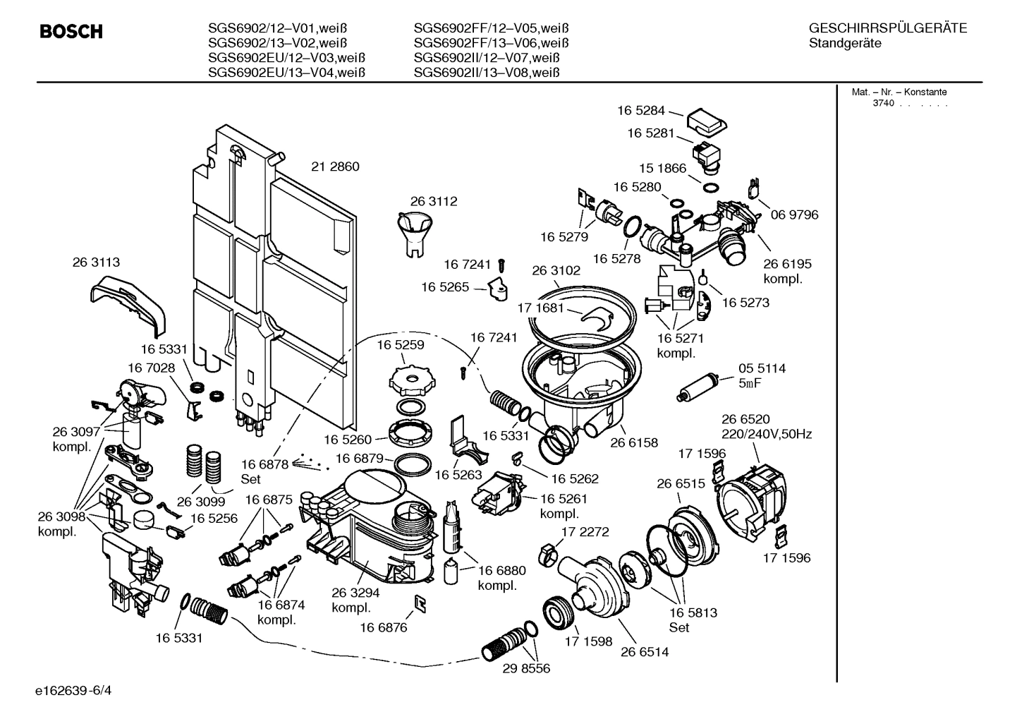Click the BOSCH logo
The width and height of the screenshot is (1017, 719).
(x=71, y=32)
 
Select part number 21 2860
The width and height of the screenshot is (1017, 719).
(x=335, y=167)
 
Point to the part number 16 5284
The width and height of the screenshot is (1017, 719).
(x=640, y=110)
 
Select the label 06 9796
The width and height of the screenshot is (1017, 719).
(x=794, y=215)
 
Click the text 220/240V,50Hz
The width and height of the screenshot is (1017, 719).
(x=766, y=435)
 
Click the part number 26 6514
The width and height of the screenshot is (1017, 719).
(x=645, y=652)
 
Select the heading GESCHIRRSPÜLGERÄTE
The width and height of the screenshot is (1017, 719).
(x=887, y=29)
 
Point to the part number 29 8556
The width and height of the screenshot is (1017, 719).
(x=526, y=668)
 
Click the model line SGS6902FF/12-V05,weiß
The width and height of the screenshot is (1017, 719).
(x=491, y=29)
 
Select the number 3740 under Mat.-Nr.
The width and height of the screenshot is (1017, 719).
(x=883, y=103)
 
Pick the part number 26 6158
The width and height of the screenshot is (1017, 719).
(x=633, y=442)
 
